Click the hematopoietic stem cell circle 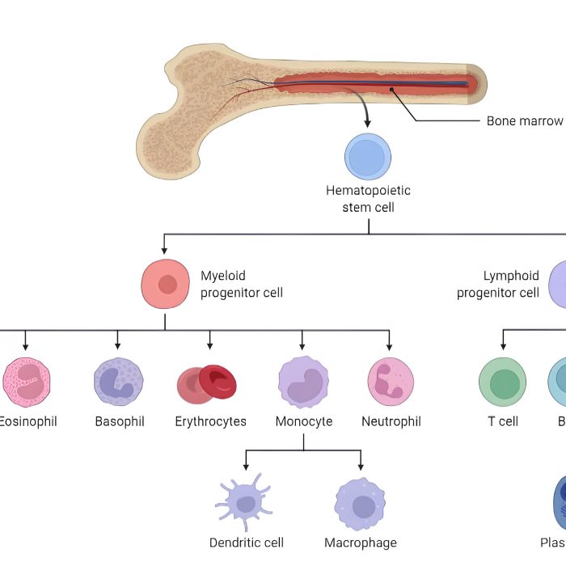368,156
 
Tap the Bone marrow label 524,121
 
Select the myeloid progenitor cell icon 166,284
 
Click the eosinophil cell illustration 27,381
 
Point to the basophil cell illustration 119,382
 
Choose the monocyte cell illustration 303,381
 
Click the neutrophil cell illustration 391,381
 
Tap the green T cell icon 502,382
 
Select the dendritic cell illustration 247,504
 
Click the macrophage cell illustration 360,504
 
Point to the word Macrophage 361,543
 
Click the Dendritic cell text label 247,543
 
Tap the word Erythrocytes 211,421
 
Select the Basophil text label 120,421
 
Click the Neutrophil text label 391,421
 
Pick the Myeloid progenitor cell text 242,284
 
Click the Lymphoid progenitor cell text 498,284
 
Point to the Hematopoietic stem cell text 368,199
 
